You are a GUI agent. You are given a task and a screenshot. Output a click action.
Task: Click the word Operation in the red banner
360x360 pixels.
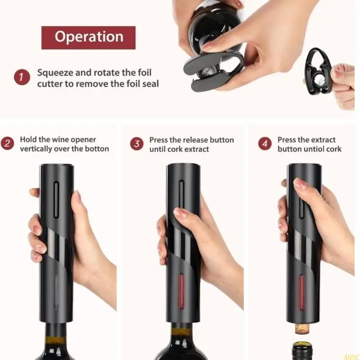click(x=89, y=37)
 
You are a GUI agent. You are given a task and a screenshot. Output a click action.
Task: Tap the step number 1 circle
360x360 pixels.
click(x=21, y=77)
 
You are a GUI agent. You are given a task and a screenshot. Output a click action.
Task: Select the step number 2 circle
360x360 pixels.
click(x=7, y=144)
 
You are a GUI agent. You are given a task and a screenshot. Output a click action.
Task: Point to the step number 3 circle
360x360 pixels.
click(x=137, y=144)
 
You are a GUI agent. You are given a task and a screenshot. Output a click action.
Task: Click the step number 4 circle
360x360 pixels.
click(x=265, y=144)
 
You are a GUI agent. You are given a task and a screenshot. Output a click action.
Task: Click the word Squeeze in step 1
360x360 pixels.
click(x=54, y=72)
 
